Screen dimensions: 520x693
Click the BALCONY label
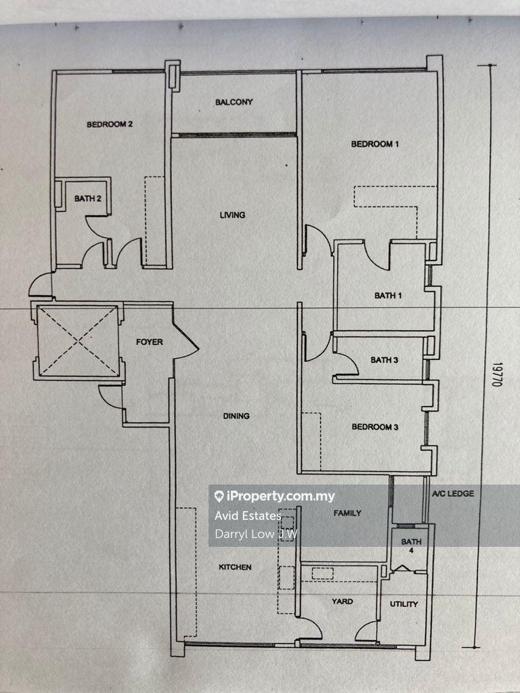(x=234, y=102)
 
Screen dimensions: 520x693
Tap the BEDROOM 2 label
(x=110, y=125)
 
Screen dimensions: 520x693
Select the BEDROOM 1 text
(x=375, y=143)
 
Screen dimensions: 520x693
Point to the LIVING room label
(x=233, y=215)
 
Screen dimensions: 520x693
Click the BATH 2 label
(x=87, y=198)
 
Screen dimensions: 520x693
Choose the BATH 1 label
(x=388, y=295)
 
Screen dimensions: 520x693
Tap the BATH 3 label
(x=385, y=360)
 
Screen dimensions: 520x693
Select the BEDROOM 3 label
(x=375, y=426)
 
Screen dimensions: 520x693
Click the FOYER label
(x=150, y=342)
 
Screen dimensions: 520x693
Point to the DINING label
(x=236, y=416)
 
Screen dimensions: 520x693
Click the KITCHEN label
(x=235, y=566)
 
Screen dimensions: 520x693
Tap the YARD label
(x=342, y=601)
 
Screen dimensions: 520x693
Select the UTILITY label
(x=404, y=604)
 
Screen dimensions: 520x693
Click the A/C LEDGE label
(x=453, y=493)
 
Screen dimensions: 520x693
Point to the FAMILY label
(x=347, y=513)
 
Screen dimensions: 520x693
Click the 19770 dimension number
(x=498, y=374)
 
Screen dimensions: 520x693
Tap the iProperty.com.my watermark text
(x=275, y=496)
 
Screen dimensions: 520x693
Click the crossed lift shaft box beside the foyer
(x=79, y=341)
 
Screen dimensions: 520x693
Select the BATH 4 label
(x=411, y=545)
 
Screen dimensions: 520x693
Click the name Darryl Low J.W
(x=256, y=534)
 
